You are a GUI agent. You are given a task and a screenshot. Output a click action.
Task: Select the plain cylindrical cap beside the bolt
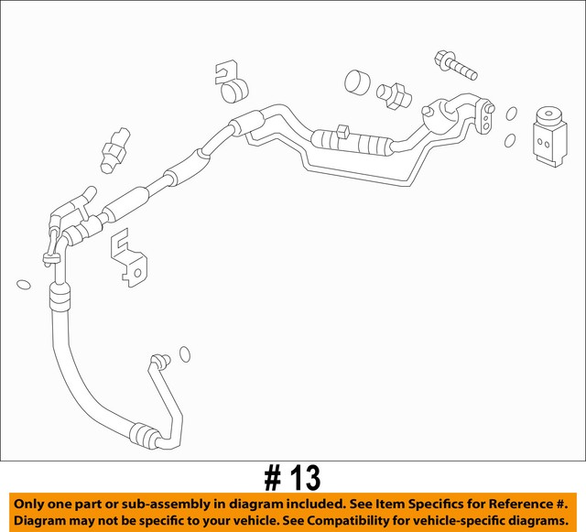tap(358, 81)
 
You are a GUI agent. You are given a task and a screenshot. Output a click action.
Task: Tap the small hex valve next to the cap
tap(396, 92)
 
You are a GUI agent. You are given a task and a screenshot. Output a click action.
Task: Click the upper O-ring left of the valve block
tap(512, 114)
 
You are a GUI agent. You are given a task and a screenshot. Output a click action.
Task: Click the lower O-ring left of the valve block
tap(510, 142)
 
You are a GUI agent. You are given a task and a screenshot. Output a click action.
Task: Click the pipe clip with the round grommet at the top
tap(233, 83)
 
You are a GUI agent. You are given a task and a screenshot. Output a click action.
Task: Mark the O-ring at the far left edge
tap(24, 284)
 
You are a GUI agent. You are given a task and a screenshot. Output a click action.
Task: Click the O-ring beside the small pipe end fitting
tap(184, 353)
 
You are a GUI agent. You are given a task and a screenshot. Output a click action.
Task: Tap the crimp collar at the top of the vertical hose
tap(57, 296)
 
